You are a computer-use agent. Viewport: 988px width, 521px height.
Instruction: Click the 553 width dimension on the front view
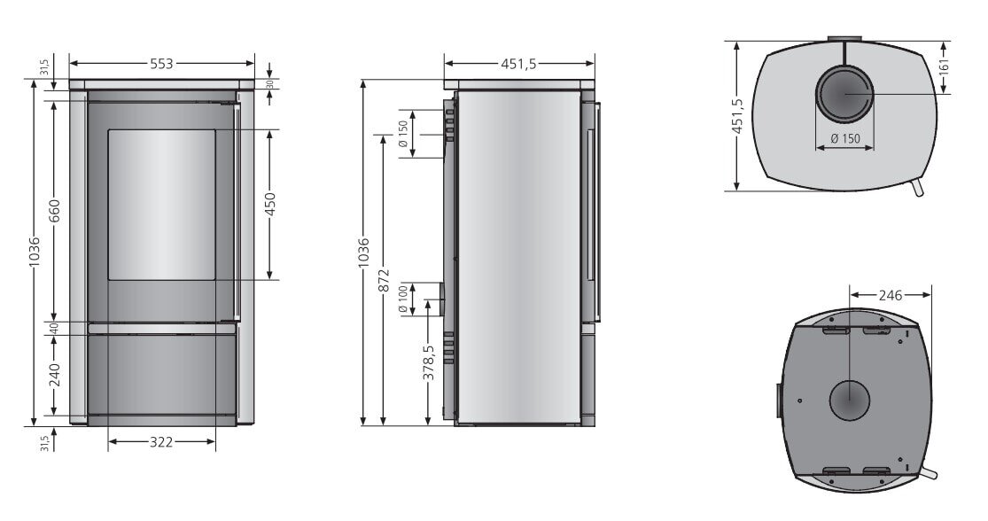pyautogui.click(x=161, y=64)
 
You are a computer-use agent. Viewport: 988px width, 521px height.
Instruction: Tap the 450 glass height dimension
pyautogui.click(x=270, y=205)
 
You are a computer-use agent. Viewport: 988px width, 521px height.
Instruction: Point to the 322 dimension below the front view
pyautogui.click(x=161, y=441)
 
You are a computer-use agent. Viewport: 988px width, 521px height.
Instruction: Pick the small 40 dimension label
pyautogui.click(x=54, y=328)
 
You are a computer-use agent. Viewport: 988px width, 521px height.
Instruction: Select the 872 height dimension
pyautogui.click(x=383, y=278)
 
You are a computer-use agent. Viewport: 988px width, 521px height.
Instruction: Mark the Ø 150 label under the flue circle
pyautogui.click(x=844, y=138)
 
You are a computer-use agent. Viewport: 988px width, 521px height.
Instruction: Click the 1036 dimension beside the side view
pyautogui.click(x=363, y=253)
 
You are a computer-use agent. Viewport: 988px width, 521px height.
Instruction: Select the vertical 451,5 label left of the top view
pyautogui.click(x=736, y=115)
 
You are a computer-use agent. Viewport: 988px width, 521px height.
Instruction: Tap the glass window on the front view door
pyautogui.click(x=161, y=205)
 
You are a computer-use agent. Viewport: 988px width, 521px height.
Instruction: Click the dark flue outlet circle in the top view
pyautogui.click(x=844, y=94)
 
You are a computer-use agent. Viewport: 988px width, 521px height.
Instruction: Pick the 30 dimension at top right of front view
pyautogui.click(x=270, y=85)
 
